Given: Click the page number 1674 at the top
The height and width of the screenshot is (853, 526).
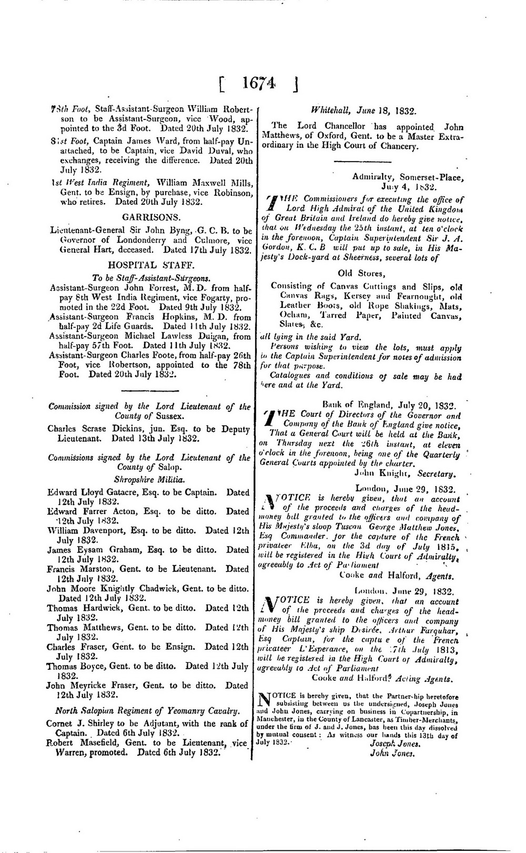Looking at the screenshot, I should click(258, 85).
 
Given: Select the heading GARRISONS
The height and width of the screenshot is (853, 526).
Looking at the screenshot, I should click(151, 217).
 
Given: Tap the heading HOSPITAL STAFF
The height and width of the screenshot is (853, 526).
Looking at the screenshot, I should click(151, 265).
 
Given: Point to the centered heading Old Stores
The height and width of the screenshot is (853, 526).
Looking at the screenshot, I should click(362, 273).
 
